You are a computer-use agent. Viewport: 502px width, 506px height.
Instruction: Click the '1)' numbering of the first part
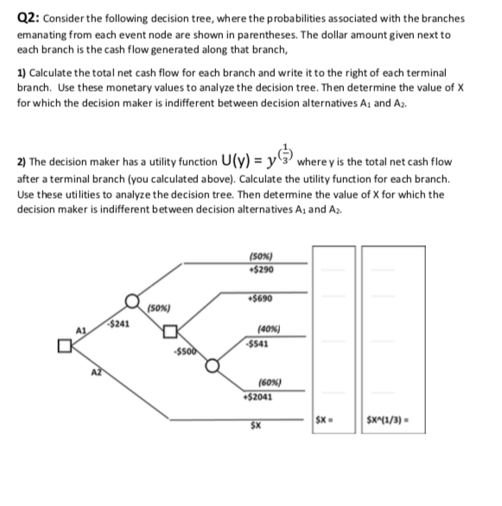point(22,74)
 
